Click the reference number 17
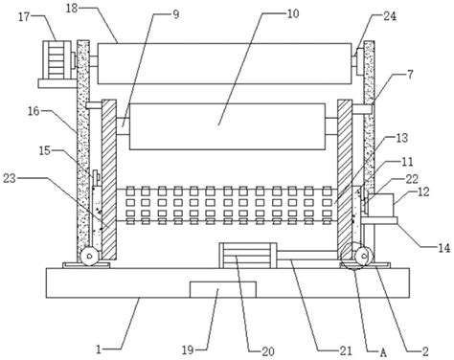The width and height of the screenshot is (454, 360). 23,17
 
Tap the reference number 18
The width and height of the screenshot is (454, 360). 72,9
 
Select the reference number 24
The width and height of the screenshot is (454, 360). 390,16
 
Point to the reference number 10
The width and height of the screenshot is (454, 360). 293,13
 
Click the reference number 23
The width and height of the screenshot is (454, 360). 10,178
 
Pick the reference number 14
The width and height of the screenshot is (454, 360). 443,248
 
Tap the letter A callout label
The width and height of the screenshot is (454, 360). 383,352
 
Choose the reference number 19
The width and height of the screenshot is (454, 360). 188,350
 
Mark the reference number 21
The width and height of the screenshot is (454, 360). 346,350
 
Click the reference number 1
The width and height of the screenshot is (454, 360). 99,350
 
